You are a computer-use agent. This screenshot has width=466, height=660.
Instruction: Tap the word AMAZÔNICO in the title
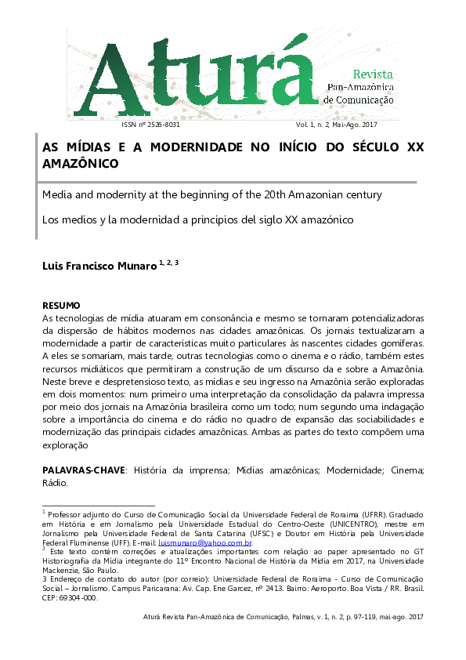(80, 164)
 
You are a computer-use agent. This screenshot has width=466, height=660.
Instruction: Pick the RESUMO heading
(61, 304)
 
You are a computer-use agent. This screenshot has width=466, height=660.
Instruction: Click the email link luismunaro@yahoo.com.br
(204, 542)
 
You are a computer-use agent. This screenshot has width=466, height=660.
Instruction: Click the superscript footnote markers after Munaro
(169, 263)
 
